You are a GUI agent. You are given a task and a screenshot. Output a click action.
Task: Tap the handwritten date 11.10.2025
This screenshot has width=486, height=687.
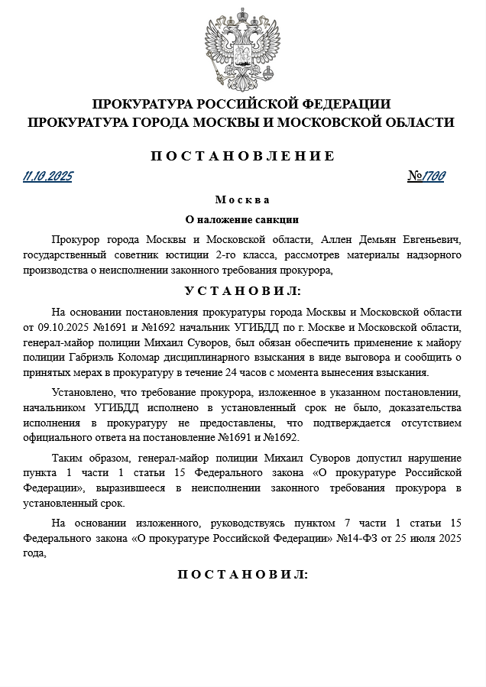[x=48, y=177]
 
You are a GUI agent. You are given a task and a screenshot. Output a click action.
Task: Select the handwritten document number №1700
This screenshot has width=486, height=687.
[x=426, y=177]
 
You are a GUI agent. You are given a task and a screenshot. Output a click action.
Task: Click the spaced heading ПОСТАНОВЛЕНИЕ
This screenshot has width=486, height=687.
[x=242, y=156]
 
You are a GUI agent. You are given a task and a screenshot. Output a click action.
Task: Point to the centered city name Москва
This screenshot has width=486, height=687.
[x=242, y=200]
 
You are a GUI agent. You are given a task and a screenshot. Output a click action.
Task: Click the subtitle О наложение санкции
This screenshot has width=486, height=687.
[x=242, y=219]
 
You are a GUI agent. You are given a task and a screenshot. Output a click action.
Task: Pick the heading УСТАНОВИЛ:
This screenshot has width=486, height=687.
[x=242, y=291]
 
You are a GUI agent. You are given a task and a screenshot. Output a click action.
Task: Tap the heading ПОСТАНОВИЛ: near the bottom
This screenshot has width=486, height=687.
[x=242, y=574]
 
